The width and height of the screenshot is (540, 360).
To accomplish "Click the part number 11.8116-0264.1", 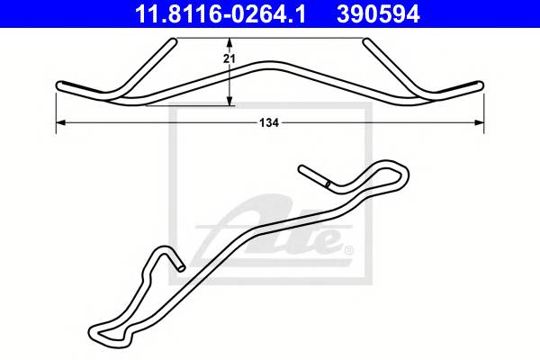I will pyautogui.click(x=220, y=13).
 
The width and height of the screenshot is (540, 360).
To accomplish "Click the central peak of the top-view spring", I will pyautogui.click(x=270, y=66).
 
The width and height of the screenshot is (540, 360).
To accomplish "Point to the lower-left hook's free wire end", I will pyautogui.click(x=181, y=266).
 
